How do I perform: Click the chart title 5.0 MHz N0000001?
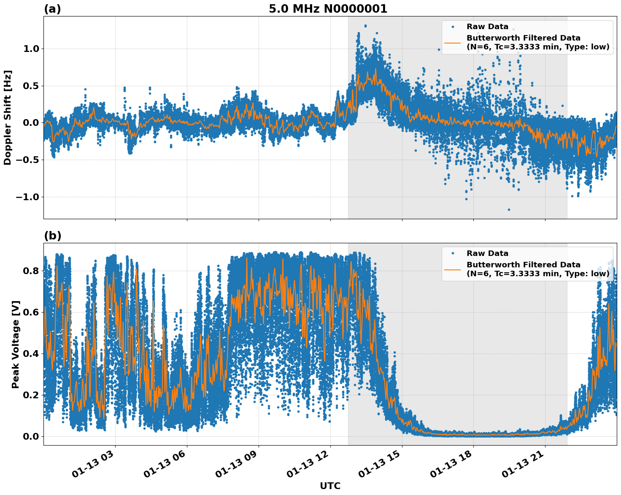click(x=328, y=9)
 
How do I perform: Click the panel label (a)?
click(x=52, y=9)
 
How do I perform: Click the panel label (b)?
click(x=52, y=236)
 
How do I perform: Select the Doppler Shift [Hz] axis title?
click(x=8, y=117)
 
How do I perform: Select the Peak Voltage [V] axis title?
click(x=16, y=344)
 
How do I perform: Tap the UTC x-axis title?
click(x=330, y=486)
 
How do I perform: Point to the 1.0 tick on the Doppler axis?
click(x=30, y=49)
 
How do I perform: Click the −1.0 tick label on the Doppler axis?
click(x=27, y=197)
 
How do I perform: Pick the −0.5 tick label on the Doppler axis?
click(x=27, y=160)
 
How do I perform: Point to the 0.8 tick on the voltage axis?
click(x=30, y=271)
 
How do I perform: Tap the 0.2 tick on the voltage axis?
click(x=30, y=395)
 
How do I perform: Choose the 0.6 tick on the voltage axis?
click(x=30, y=312)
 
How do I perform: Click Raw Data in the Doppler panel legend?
click(x=487, y=27)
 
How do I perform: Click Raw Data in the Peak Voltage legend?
click(x=487, y=253)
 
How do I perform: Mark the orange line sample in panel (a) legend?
click(x=452, y=43)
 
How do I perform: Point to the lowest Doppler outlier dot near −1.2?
click(x=509, y=209)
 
